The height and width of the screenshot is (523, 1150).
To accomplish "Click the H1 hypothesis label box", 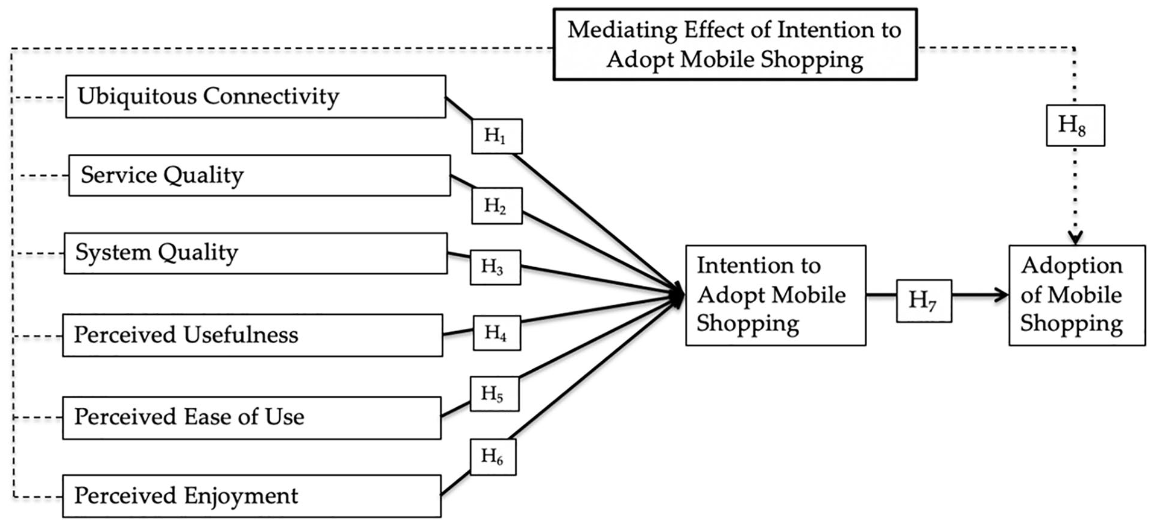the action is coord(496,136).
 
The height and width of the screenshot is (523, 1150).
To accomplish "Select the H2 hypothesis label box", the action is coord(497,206).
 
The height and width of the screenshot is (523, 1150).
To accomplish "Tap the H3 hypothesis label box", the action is coord(495,267).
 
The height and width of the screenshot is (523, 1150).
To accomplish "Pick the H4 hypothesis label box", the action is coord(496,332).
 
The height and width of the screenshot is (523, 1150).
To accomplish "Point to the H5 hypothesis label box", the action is coord(494,393).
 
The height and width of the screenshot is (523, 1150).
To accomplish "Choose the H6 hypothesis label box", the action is coord(493,457).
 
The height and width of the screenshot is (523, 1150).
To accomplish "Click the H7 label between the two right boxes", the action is coord(923,300).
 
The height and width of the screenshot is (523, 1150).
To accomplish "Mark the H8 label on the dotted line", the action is coord(1075,125).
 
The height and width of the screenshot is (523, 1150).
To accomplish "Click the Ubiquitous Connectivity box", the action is coord(255,97).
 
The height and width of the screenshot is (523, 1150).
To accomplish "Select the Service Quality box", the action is coord(259,176).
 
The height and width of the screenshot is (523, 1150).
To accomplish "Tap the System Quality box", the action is coord(256,253).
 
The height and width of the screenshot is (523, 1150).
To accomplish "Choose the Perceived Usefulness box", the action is coord(253,335).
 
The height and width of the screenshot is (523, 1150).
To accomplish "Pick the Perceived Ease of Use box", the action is coord(251,417).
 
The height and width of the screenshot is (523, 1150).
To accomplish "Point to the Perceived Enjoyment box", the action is coord(251,496).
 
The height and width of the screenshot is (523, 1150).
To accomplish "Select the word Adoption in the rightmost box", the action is coord(1072,265).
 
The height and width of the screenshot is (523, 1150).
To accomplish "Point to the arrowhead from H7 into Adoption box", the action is coord(1002,295).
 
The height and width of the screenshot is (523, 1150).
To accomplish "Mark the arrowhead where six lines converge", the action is coord(679,294).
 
